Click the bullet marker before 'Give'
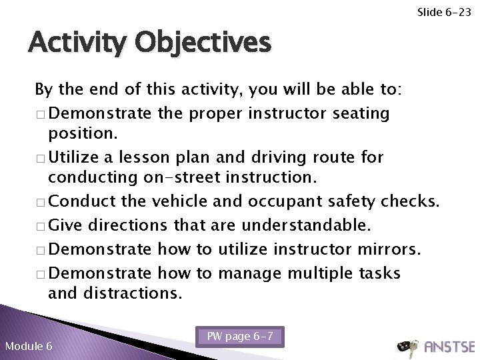pyautogui.click(x=41, y=226)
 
